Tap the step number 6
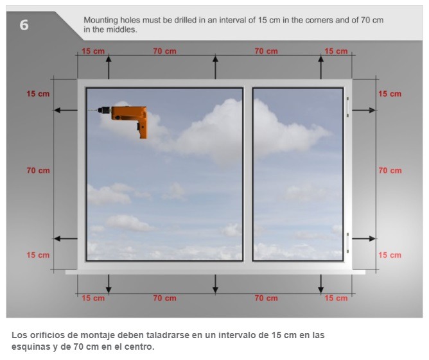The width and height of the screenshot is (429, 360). click(x=24, y=25)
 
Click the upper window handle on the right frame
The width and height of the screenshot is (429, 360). click(x=347, y=107)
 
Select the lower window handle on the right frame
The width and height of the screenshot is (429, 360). click(x=347, y=243)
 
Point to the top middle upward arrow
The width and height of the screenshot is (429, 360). click(x=215, y=67)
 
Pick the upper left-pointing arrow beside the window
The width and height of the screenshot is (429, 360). click(x=66, y=110)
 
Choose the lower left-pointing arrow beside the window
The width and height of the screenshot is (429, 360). click(x=66, y=239)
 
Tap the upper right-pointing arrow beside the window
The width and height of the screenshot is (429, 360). click(x=363, y=110)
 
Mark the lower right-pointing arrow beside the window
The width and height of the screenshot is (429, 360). click(x=363, y=239)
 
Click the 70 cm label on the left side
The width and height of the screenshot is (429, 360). click(x=39, y=171)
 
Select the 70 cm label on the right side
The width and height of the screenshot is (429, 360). click(x=390, y=171)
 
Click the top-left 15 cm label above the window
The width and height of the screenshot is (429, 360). click(x=93, y=51)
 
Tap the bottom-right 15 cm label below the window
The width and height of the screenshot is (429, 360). click(x=336, y=298)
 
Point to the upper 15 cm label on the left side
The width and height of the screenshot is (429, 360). click(x=38, y=94)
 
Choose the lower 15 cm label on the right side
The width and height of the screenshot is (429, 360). click(x=390, y=255)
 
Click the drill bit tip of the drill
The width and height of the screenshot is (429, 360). click(x=88, y=110)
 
